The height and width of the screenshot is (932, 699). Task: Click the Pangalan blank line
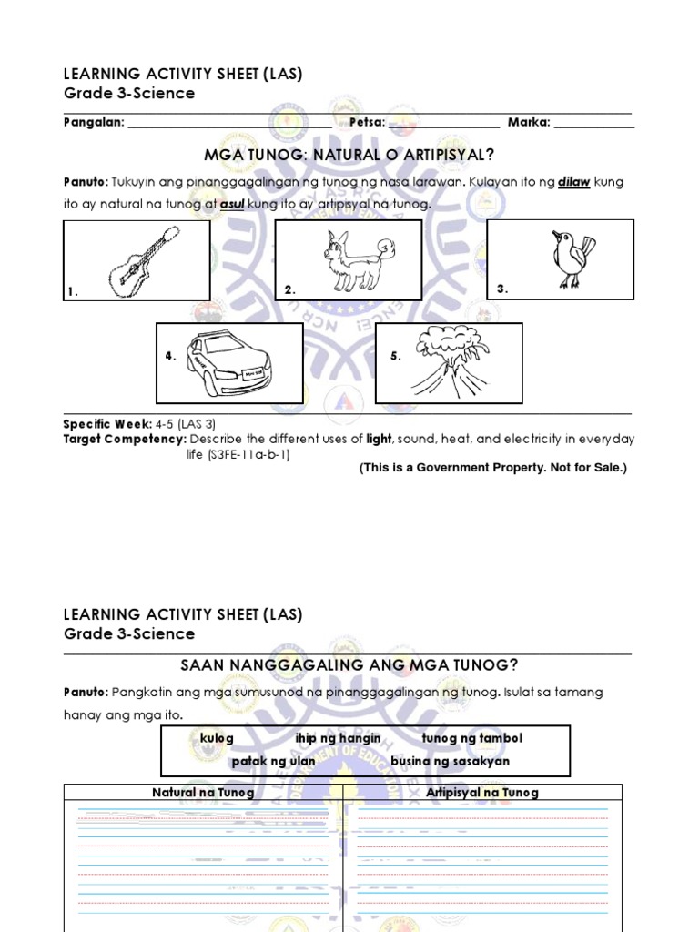[229, 123]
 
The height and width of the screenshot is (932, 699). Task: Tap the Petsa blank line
[444, 123]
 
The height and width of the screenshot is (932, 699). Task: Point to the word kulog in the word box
[217, 738]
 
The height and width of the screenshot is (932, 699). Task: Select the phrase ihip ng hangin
[338, 738]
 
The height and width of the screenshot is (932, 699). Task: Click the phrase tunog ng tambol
[472, 738]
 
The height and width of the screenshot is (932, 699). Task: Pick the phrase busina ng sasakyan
[450, 761]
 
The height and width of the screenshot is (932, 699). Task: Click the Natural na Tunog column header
[203, 793]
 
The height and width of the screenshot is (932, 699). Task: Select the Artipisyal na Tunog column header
[482, 793]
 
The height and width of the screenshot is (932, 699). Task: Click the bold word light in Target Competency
[379, 439]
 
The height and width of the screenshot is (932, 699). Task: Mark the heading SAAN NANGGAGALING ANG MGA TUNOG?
[349, 665]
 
